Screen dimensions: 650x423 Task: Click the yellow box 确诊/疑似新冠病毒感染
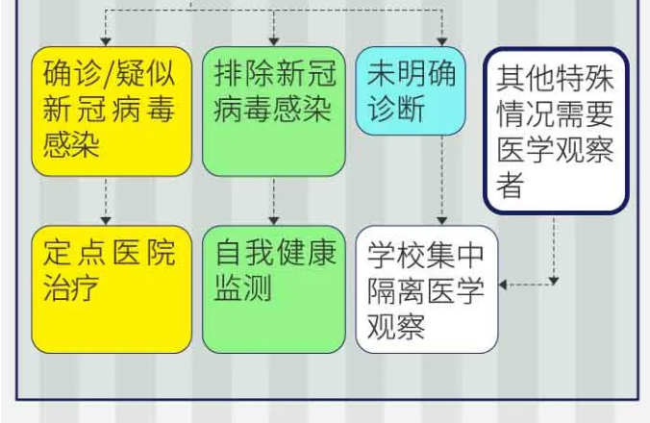[112, 111]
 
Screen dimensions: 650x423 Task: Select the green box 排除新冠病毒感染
[274, 111]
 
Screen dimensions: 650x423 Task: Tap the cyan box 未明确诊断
[411, 90]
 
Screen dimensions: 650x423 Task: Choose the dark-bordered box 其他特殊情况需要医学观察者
[557, 131]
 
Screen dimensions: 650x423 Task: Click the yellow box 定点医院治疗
[112, 289]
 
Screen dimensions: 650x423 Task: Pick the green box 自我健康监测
[274, 289]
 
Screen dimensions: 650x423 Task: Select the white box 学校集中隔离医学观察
[427, 289]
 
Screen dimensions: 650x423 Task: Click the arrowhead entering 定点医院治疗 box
[106, 221]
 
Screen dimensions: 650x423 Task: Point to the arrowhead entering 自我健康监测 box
[274, 221]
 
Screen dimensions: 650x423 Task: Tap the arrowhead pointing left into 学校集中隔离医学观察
[503, 285]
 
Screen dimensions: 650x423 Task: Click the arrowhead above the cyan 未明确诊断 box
[442, 41]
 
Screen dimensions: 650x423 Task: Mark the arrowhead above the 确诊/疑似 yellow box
[106, 41]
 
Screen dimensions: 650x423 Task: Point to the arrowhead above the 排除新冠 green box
[274, 41]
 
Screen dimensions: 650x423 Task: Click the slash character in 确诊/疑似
[109, 74]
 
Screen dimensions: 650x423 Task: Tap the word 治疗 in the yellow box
[71, 287]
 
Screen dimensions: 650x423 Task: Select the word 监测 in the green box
[243, 287]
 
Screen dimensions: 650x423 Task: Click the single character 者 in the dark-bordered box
[510, 185]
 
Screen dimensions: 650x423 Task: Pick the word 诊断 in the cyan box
[396, 109]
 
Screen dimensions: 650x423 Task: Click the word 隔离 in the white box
[396, 290]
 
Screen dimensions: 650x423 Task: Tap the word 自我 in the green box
[244, 252]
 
